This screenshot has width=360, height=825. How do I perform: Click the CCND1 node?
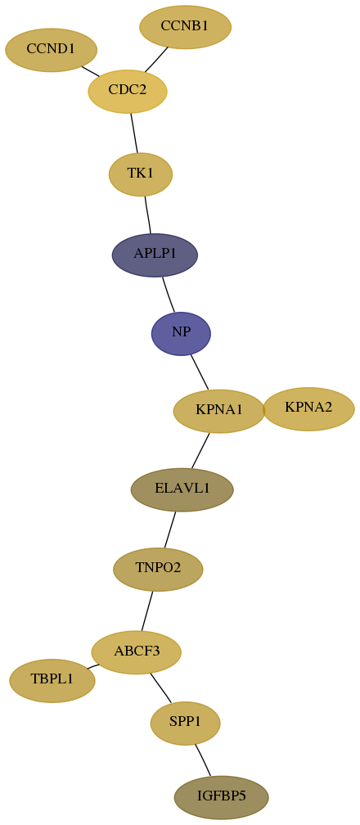tap(51, 50)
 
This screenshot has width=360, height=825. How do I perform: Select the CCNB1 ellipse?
tap(185, 27)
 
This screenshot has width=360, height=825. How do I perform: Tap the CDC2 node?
tap(128, 91)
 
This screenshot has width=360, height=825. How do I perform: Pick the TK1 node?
tap(141, 174)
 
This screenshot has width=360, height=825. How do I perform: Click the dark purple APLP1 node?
tap(155, 255)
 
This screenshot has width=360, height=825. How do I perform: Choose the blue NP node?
tap(181, 334)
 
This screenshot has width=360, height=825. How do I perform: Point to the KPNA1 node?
tap(219, 411)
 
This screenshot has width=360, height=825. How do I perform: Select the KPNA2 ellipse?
tap(308, 409)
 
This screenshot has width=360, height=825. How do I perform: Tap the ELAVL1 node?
tap(182, 489)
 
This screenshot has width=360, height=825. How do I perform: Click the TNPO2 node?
tap(158, 570)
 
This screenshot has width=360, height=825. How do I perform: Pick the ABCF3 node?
tap(137, 652)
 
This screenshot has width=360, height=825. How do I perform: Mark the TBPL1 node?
tap(52, 680)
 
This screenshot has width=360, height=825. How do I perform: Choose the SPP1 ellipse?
tap(185, 723)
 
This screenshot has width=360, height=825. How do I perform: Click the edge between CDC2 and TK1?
tap(134, 133)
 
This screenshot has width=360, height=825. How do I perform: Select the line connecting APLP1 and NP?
tap(168, 295)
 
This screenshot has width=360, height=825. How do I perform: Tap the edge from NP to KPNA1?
tap(200, 372)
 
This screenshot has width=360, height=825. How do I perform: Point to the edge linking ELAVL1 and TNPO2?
tap(170, 530)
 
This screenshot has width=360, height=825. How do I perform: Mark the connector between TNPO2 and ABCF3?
tap(146, 611)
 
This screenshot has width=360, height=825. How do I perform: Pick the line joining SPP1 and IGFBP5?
tap(203, 760)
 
